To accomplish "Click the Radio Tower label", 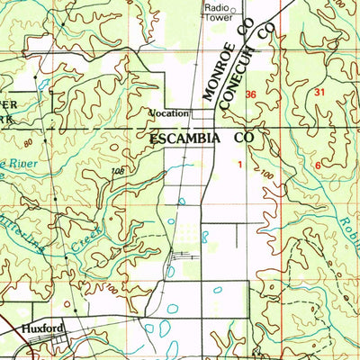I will (217, 12).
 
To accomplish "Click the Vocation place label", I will (169, 113).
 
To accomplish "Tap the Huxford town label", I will (43, 330).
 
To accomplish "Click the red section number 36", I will (250, 94).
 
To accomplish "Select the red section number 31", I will (320, 93).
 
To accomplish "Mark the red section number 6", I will (319, 166).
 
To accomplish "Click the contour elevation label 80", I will (29, 141).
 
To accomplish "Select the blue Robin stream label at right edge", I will (349, 234).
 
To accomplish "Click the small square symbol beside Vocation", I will (193, 113).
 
